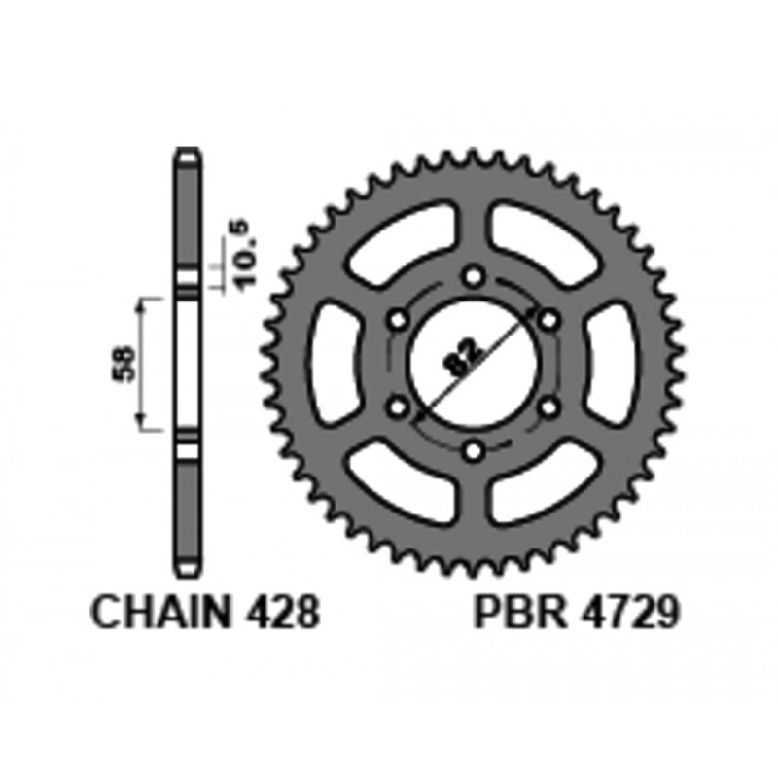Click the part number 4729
[x=627, y=613]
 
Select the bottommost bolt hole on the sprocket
[x=475, y=450]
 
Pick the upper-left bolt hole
[x=398, y=319]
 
